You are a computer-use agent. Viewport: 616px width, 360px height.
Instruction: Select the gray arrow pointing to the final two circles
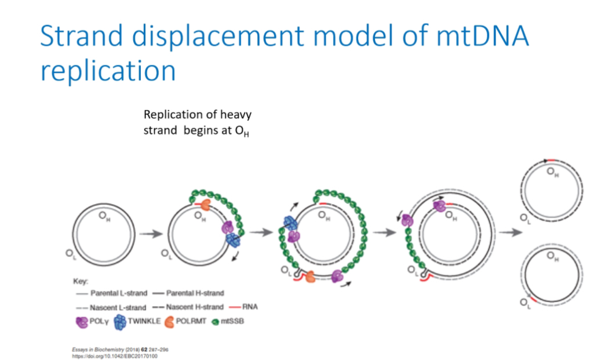[x=511, y=232]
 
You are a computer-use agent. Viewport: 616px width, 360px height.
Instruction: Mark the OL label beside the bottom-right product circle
[x=526, y=302]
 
